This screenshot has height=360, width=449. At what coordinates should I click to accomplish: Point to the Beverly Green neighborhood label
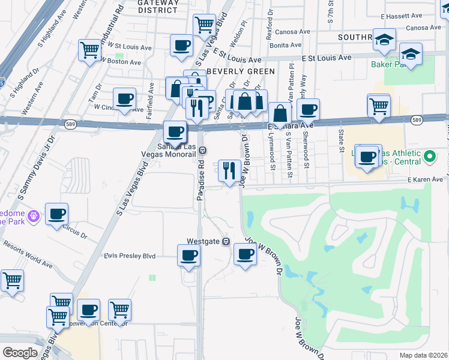240,71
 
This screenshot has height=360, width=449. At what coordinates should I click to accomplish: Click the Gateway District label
158,5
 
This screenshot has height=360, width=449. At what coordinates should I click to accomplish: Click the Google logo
20,352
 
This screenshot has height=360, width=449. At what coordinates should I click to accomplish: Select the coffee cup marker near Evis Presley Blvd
188,256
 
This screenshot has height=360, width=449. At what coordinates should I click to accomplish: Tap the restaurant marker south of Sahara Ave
229,170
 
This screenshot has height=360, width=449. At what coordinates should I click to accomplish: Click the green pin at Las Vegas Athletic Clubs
429,157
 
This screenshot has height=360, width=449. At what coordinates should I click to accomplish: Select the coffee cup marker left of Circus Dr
57,214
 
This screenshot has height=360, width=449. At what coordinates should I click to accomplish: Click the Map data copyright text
423,355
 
